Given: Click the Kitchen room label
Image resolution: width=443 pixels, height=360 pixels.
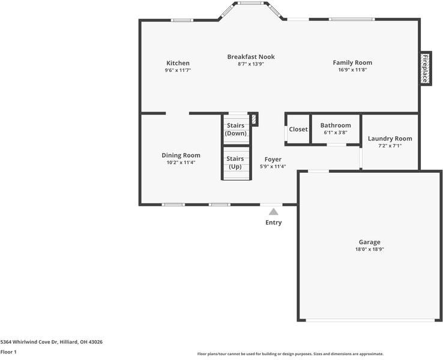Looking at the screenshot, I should (x=178, y=63).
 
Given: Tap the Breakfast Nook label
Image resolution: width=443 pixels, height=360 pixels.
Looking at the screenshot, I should (x=251, y=57).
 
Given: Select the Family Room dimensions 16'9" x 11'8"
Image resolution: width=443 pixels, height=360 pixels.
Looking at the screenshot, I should (x=352, y=70).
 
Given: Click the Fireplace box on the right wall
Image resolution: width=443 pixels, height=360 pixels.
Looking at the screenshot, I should (x=425, y=68).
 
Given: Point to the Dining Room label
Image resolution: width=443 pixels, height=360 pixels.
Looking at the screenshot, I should (x=181, y=155).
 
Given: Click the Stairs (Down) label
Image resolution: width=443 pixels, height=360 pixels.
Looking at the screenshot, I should (x=235, y=129).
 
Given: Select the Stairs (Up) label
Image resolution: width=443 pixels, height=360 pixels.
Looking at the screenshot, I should (x=235, y=162).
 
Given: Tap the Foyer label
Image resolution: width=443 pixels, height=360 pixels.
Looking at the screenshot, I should (x=273, y=160).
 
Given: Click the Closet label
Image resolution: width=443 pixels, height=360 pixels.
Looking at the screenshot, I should (x=298, y=129).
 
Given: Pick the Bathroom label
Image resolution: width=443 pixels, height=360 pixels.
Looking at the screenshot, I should (x=335, y=125).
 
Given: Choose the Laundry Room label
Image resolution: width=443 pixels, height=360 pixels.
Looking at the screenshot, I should (x=390, y=139).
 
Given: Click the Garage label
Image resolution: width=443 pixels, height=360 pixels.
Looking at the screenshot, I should (x=369, y=242).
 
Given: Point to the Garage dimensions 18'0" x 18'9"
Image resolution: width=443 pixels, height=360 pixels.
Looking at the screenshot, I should (x=369, y=249).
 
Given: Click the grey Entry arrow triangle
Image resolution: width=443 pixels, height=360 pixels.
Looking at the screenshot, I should (x=273, y=211).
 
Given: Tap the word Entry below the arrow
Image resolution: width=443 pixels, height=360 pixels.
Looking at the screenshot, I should (x=273, y=223).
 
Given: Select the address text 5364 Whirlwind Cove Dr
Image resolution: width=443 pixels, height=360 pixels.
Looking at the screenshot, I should (x=51, y=342).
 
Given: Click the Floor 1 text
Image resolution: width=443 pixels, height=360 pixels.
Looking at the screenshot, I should (x=8, y=352).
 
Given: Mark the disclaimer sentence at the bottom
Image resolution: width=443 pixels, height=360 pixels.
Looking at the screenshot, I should (x=290, y=354).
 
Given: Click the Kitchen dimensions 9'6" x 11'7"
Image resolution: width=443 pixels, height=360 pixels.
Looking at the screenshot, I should (x=178, y=70).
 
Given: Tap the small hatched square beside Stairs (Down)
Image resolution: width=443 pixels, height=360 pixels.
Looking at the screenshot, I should (x=254, y=119).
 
